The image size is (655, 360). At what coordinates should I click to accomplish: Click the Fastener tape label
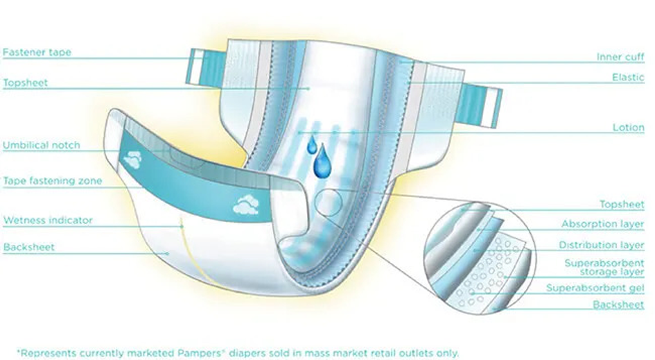tap(37, 53)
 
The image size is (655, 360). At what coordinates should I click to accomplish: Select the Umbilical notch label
tap(41, 146)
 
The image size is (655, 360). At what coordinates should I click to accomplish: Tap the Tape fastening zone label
tap(52, 181)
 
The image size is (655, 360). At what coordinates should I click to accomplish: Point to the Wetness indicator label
tap(47, 221)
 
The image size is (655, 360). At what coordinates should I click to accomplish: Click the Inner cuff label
tap(620, 57)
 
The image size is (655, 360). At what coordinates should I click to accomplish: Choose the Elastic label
tap(628, 77)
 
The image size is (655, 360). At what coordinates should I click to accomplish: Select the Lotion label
tap(629, 128)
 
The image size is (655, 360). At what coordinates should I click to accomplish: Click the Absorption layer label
tap(602, 225)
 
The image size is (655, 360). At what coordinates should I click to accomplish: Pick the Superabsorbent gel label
tap(595, 288)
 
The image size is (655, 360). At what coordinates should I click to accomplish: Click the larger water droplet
tap(322, 164)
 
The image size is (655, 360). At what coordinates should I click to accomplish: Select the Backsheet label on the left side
tap(28, 247)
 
